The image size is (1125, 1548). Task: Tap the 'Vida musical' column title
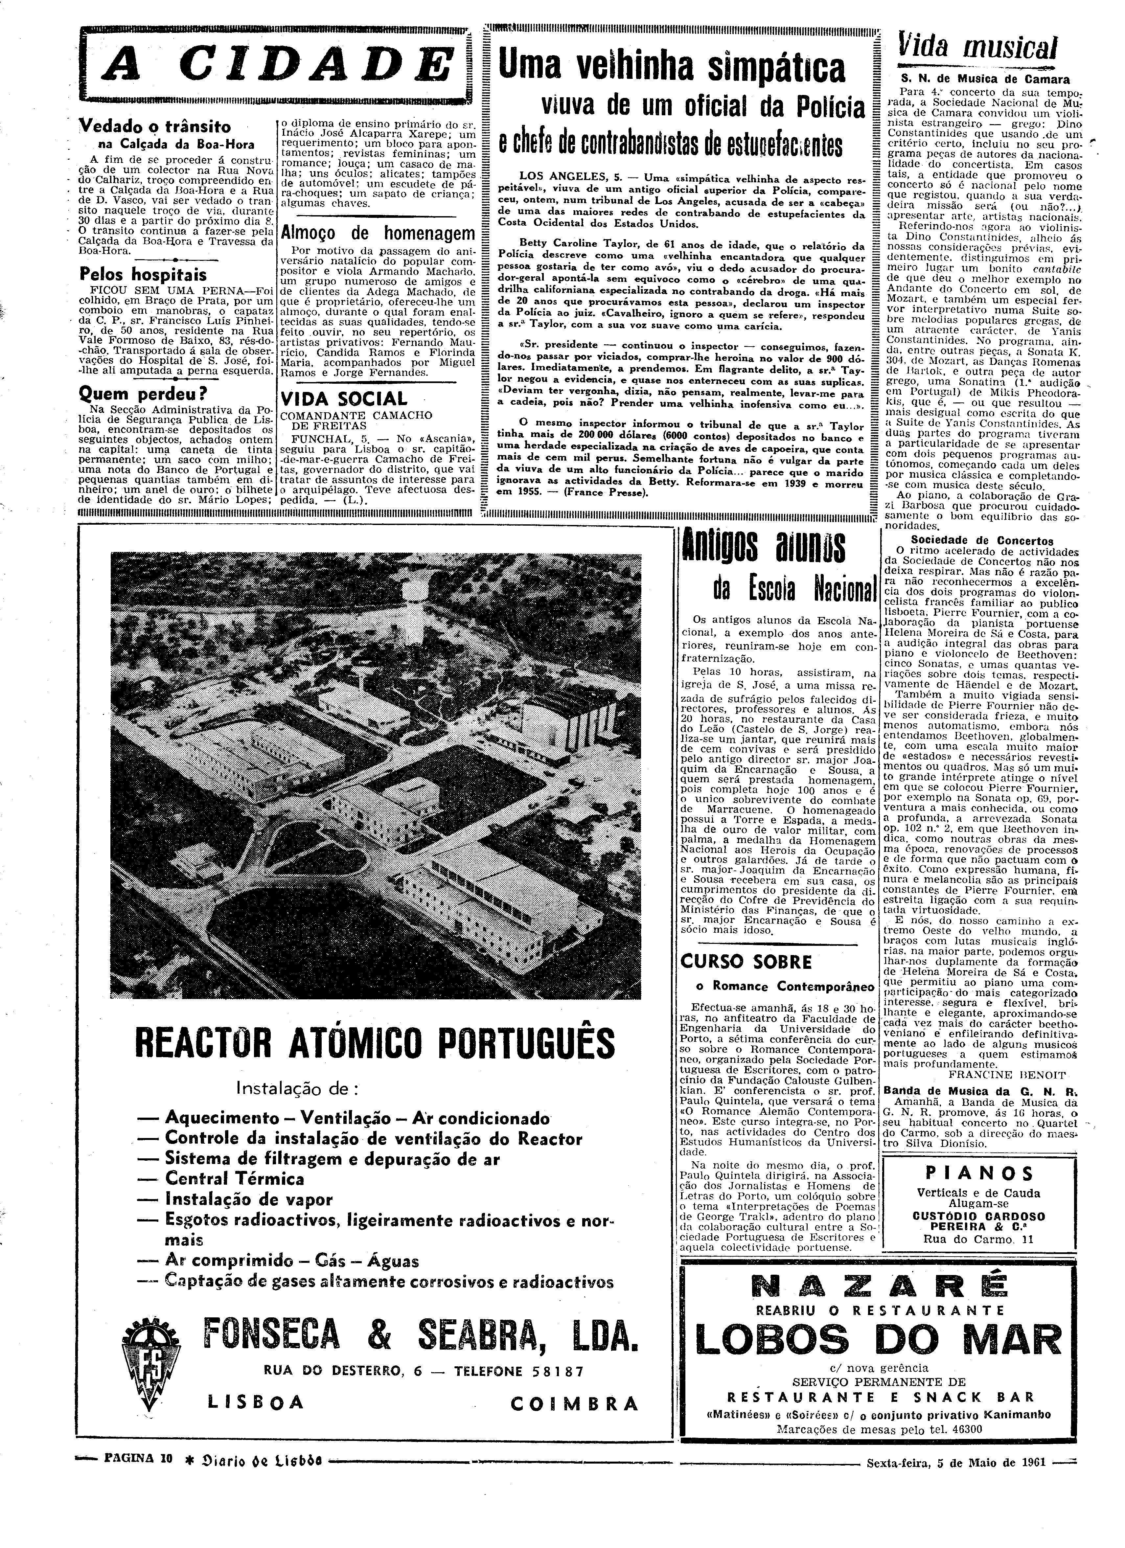coord(978,48)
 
